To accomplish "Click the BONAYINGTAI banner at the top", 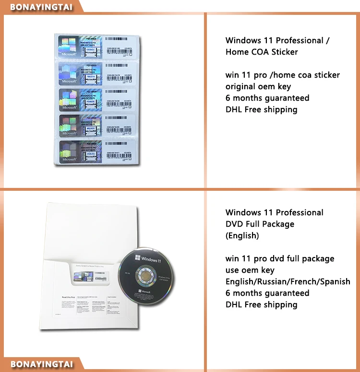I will click(x=40, y=6).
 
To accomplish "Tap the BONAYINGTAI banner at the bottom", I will click(x=41, y=364).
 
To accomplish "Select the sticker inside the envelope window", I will click(x=91, y=278).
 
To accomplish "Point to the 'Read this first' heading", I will click(x=69, y=298).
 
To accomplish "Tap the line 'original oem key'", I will click(x=258, y=86).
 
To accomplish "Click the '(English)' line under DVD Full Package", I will click(x=242, y=235).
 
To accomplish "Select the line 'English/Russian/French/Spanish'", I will click(x=288, y=281).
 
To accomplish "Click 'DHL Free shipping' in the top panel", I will click(x=261, y=109).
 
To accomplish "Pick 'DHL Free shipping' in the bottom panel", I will click(x=261, y=304).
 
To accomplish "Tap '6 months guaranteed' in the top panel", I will click(x=267, y=98).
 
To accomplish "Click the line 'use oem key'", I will click(x=250, y=270).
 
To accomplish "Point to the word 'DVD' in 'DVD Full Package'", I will click(x=235, y=224).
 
